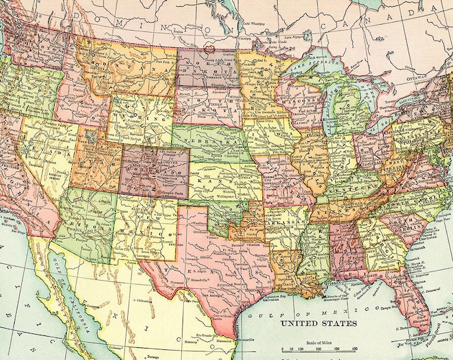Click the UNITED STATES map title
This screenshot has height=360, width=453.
(x=318, y=323)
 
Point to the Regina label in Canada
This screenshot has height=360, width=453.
(x=176, y=30)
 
